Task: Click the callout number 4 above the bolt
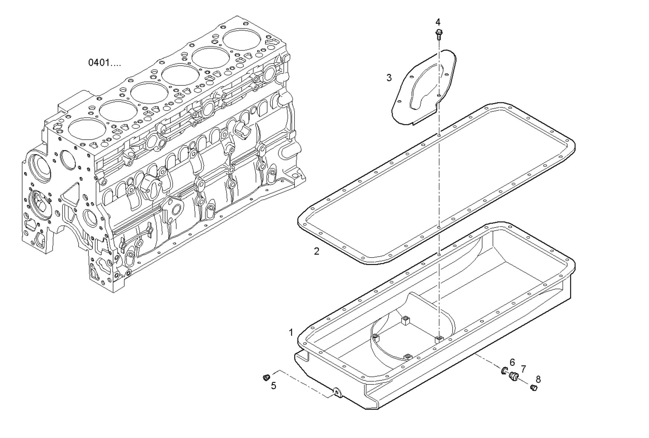438,22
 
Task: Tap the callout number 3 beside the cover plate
389,78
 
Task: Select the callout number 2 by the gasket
316,251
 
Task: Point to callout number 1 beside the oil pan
291,333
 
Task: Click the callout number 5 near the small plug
273,386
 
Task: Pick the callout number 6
512,363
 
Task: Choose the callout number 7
523,369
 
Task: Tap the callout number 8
538,379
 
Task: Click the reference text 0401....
104,63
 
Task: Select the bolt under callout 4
439,34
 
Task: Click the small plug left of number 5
266,377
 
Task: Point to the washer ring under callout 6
504,370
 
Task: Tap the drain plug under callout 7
514,376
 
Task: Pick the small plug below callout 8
533,388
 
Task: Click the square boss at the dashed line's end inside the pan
439,339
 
